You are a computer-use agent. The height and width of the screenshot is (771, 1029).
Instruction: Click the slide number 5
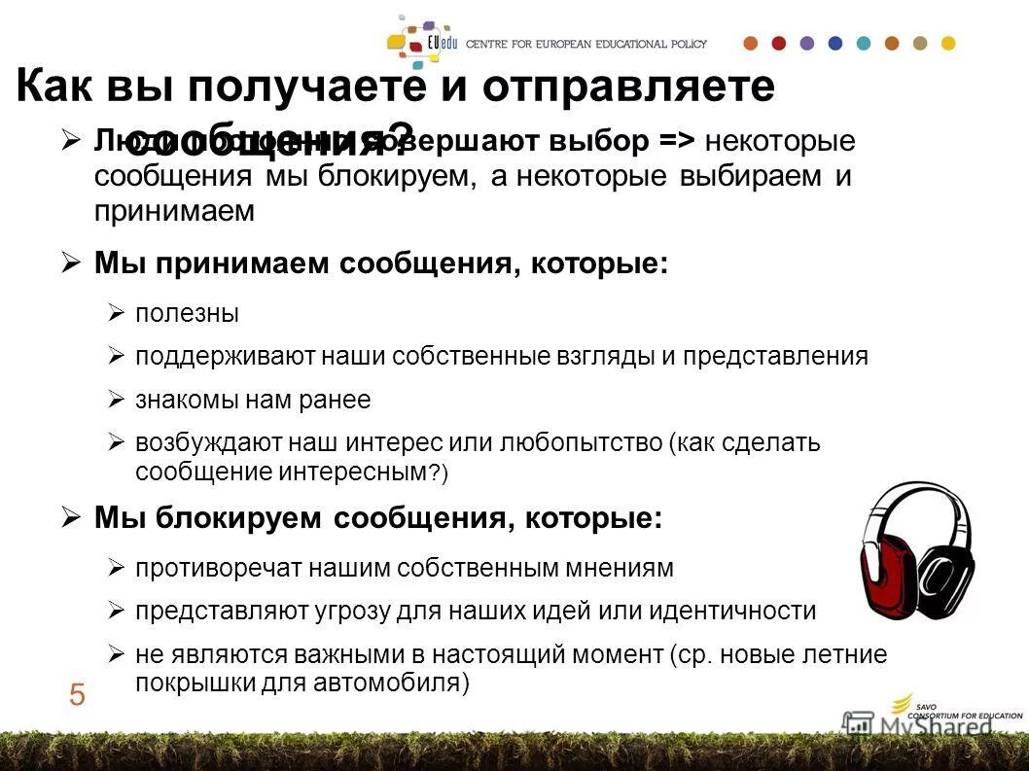point(77,695)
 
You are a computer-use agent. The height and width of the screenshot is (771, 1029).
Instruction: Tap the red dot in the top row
point(778,44)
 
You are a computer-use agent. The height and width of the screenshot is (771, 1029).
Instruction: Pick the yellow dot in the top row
point(948,44)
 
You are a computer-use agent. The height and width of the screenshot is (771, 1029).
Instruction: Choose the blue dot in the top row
point(834,44)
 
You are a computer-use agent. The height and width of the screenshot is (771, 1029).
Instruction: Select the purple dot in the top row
point(806,44)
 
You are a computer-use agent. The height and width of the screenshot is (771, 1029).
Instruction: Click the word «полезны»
point(187,313)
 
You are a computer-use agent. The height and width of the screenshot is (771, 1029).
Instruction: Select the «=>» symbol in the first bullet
point(676,142)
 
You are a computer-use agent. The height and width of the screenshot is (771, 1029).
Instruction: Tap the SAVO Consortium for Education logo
point(953,710)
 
